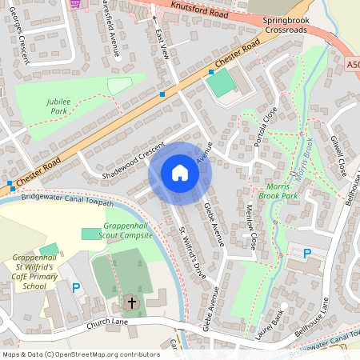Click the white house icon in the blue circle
[180, 173]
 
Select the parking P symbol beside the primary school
[76, 287]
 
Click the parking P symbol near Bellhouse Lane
[306, 254]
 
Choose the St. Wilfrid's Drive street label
[192, 251]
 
